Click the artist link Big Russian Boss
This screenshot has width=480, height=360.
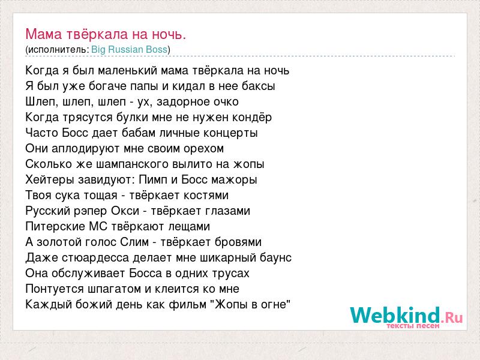point(129,50)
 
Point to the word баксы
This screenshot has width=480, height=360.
point(259,86)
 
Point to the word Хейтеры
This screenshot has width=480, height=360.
point(50,179)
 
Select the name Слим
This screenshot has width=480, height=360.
point(134,242)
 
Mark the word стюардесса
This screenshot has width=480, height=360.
point(95,258)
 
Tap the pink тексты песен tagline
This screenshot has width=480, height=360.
point(413,326)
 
